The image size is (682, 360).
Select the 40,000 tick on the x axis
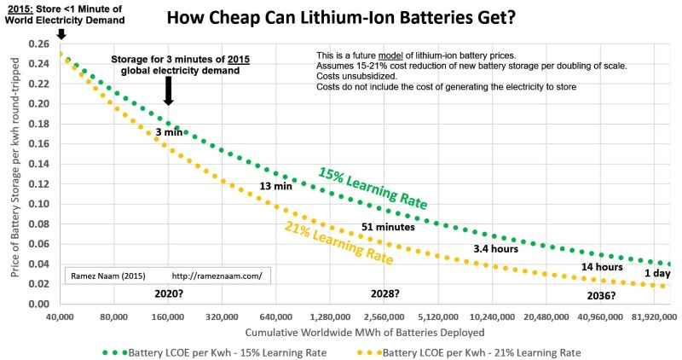[x=59, y=316]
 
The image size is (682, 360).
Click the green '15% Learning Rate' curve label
[x=373, y=189]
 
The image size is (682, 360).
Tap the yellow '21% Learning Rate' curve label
[x=333, y=243]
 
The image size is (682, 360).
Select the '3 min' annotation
[x=170, y=133]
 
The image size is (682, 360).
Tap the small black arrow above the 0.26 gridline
[x=60, y=34]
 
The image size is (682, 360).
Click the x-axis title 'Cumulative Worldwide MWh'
[x=365, y=332]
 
